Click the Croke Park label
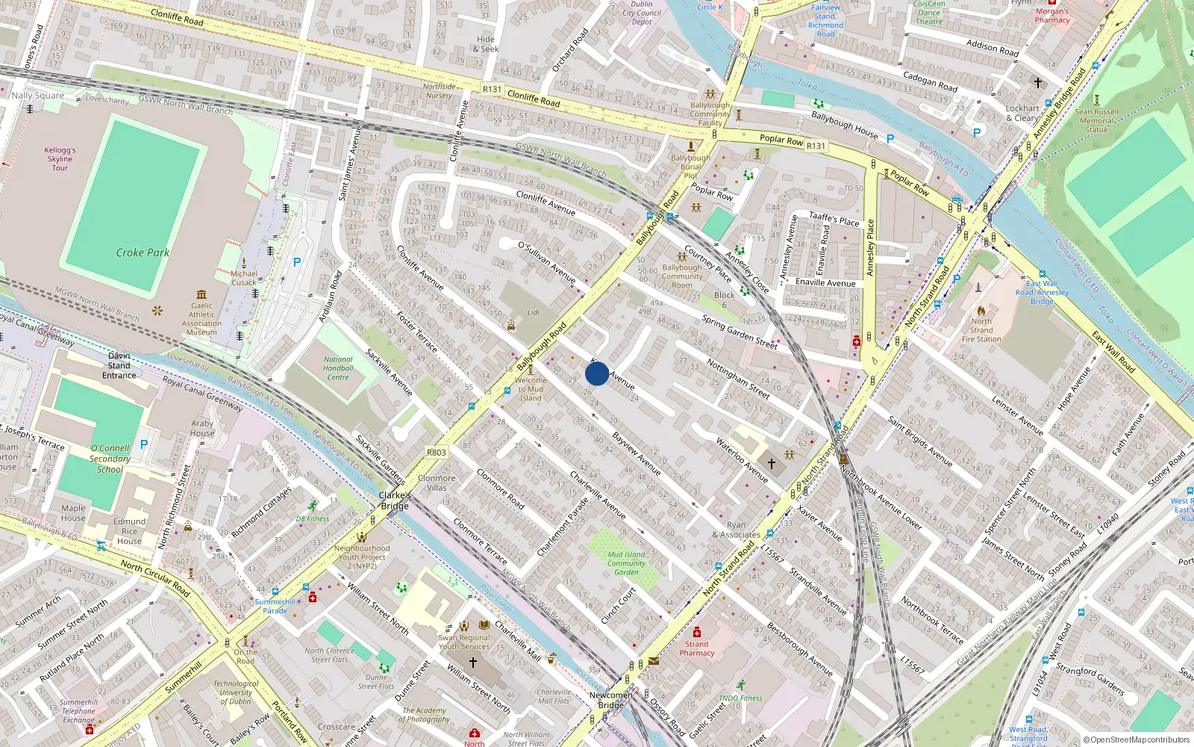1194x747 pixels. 143,252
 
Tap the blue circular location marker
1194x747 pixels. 597,373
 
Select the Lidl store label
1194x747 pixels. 533,312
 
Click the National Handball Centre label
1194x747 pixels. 338,368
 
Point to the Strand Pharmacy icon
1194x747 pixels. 697,632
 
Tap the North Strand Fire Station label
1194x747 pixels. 981,330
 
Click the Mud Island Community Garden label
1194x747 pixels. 626,563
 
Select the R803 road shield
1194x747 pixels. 437,453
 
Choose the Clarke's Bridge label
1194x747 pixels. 395,500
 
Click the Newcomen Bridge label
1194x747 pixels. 610,700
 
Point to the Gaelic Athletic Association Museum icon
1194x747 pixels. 201,295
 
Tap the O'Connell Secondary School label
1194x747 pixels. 110,459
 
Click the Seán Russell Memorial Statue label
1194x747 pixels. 1096,120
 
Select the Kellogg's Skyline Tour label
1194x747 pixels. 60,159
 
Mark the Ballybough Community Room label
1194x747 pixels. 682,276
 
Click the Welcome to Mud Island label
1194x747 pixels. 531,389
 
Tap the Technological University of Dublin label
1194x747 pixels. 236,692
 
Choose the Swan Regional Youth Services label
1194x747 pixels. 464,642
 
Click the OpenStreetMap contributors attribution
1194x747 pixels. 1136,740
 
